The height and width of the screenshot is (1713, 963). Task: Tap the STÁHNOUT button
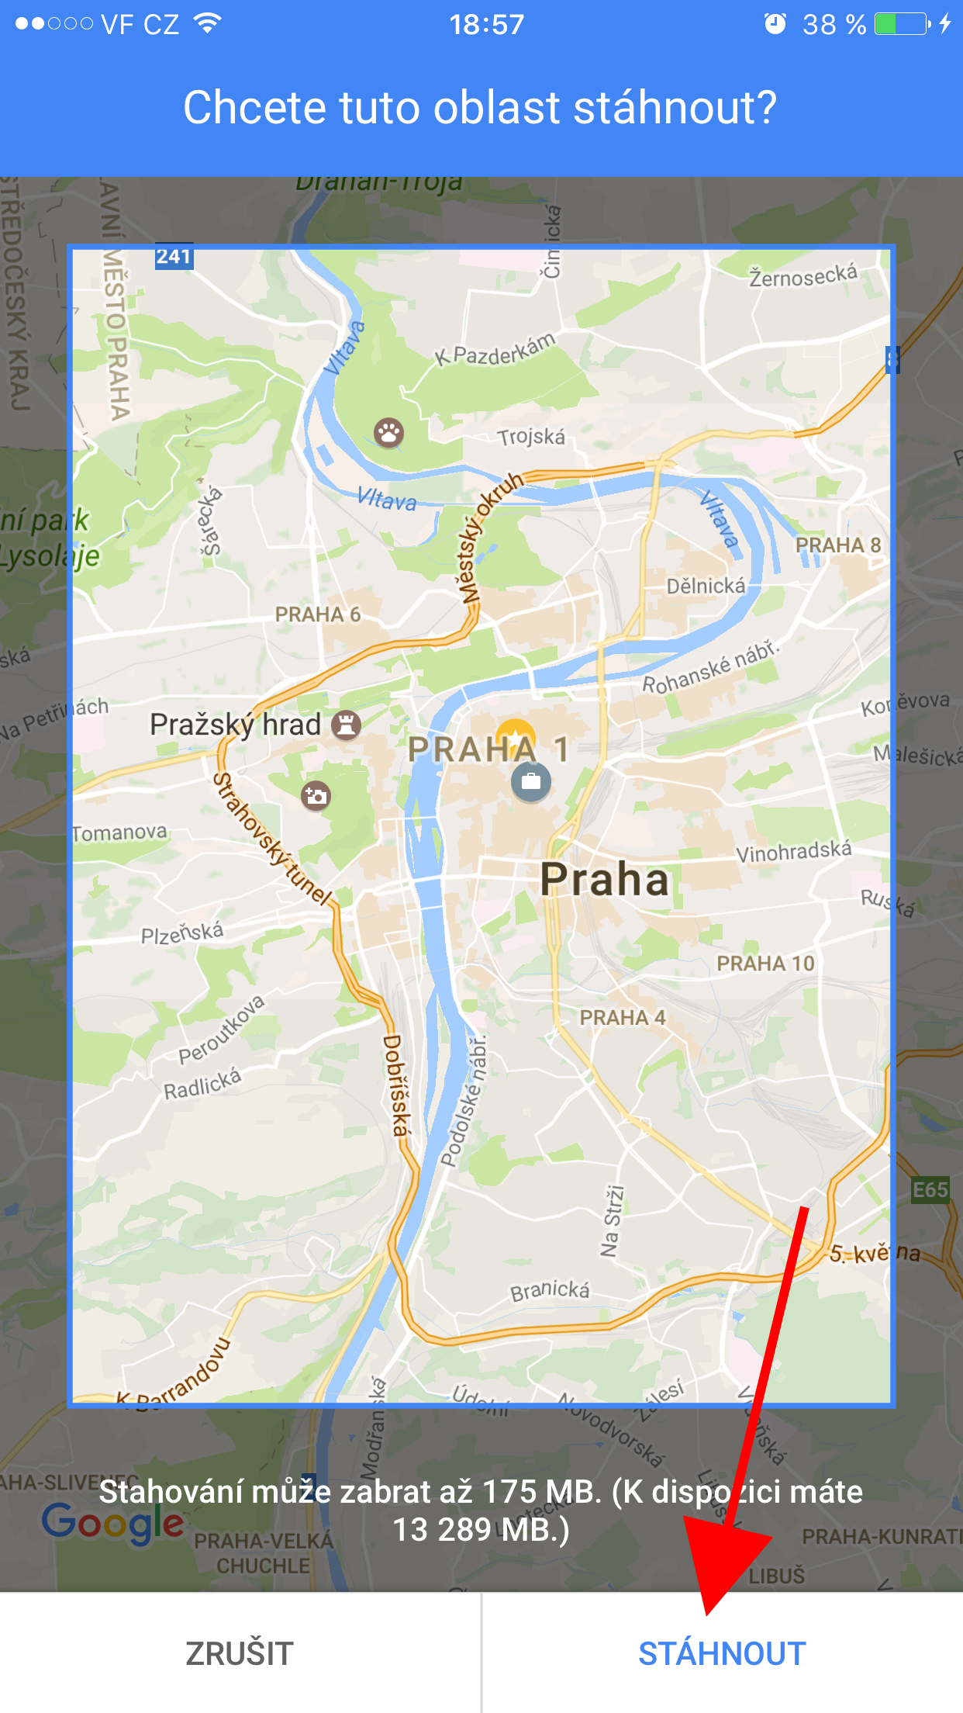(x=722, y=1653)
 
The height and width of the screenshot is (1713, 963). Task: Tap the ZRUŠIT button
(x=240, y=1653)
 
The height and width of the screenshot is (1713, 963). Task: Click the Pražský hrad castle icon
(x=346, y=725)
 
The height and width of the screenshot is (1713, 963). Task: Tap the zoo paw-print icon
(x=388, y=432)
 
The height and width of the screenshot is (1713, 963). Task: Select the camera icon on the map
(x=316, y=795)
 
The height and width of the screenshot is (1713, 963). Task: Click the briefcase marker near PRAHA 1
(x=531, y=781)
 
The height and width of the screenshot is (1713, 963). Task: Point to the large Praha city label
(x=604, y=879)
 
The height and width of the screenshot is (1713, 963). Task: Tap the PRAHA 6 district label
(x=318, y=614)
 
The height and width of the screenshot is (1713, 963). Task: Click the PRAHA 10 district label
(x=765, y=964)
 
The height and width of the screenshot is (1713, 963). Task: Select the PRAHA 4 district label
(x=623, y=1017)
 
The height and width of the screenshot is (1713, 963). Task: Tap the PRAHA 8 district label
(x=838, y=545)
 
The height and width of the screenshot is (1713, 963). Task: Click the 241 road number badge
(x=174, y=257)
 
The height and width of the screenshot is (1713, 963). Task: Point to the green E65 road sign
(x=930, y=1190)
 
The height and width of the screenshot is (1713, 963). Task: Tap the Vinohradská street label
(x=793, y=852)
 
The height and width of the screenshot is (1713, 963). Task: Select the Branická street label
(x=550, y=1290)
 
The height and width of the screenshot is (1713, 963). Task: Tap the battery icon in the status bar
(x=902, y=24)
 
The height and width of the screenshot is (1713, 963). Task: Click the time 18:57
(x=487, y=25)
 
